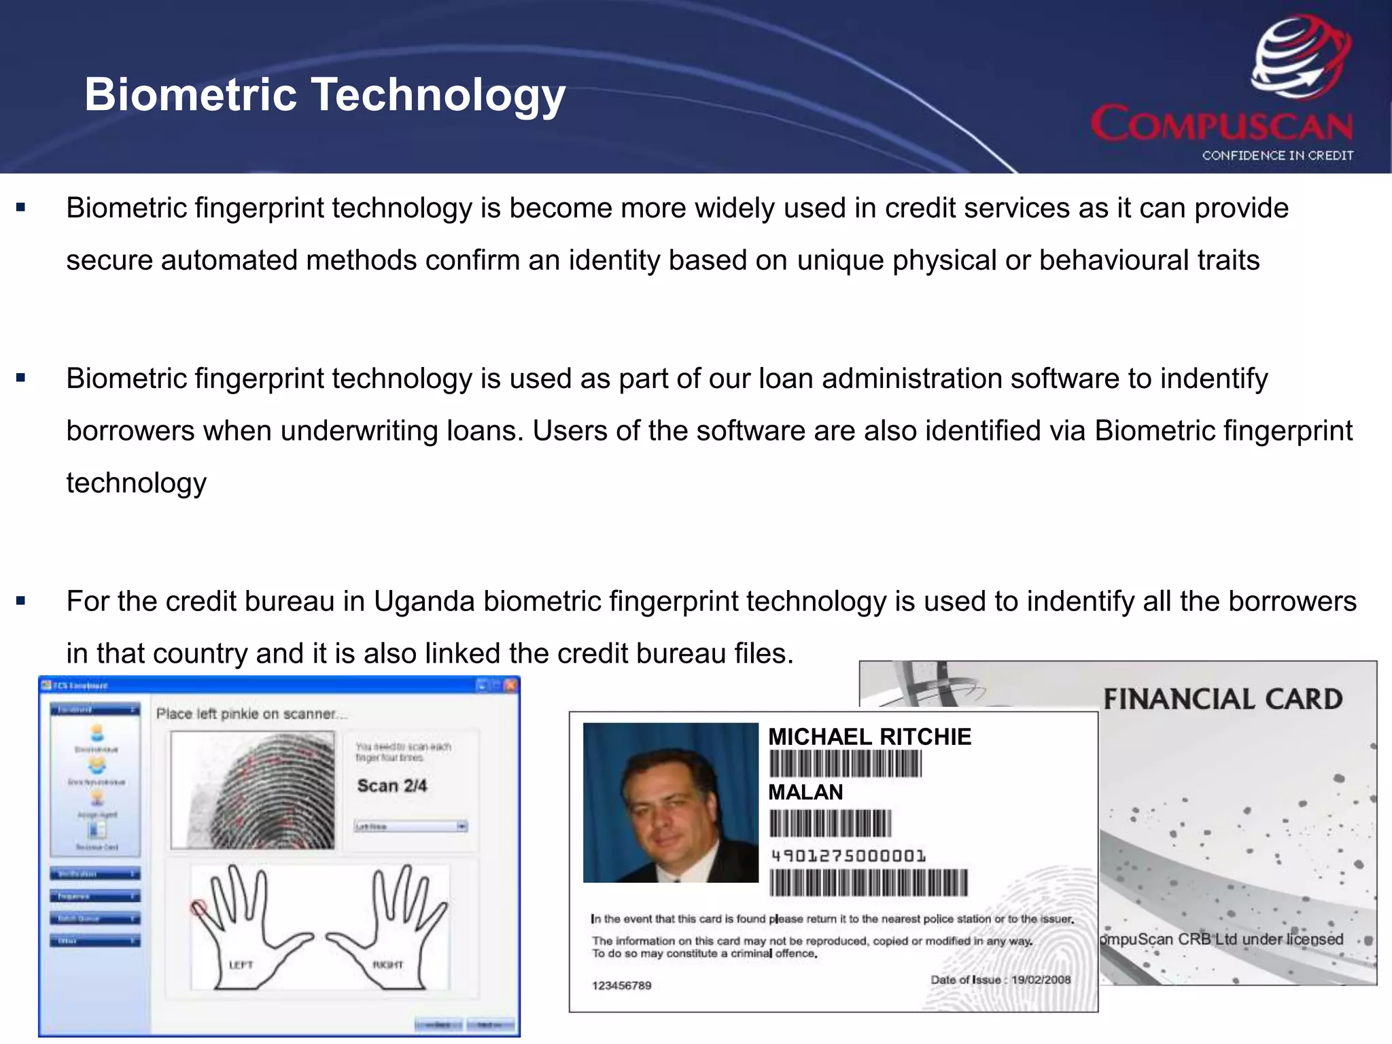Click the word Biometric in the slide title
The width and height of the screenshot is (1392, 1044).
pyautogui.click(x=191, y=94)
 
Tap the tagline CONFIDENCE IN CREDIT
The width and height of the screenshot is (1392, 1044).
pyautogui.click(x=1277, y=156)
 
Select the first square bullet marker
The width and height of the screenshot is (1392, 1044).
pyautogui.click(x=21, y=207)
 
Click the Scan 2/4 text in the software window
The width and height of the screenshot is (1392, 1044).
pyautogui.click(x=391, y=786)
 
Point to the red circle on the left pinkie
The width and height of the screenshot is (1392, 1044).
pyautogui.click(x=198, y=907)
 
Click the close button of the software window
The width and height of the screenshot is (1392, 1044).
pyautogui.click(x=510, y=685)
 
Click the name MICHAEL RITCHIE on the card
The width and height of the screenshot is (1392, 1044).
pyautogui.click(x=869, y=737)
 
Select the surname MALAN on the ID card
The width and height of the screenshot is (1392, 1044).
pyautogui.click(x=805, y=793)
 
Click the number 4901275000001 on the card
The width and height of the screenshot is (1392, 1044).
pyautogui.click(x=848, y=856)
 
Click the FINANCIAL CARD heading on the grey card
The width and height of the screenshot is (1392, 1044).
pyautogui.click(x=1222, y=699)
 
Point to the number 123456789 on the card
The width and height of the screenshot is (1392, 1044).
pyautogui.click(x=621, y=986)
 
